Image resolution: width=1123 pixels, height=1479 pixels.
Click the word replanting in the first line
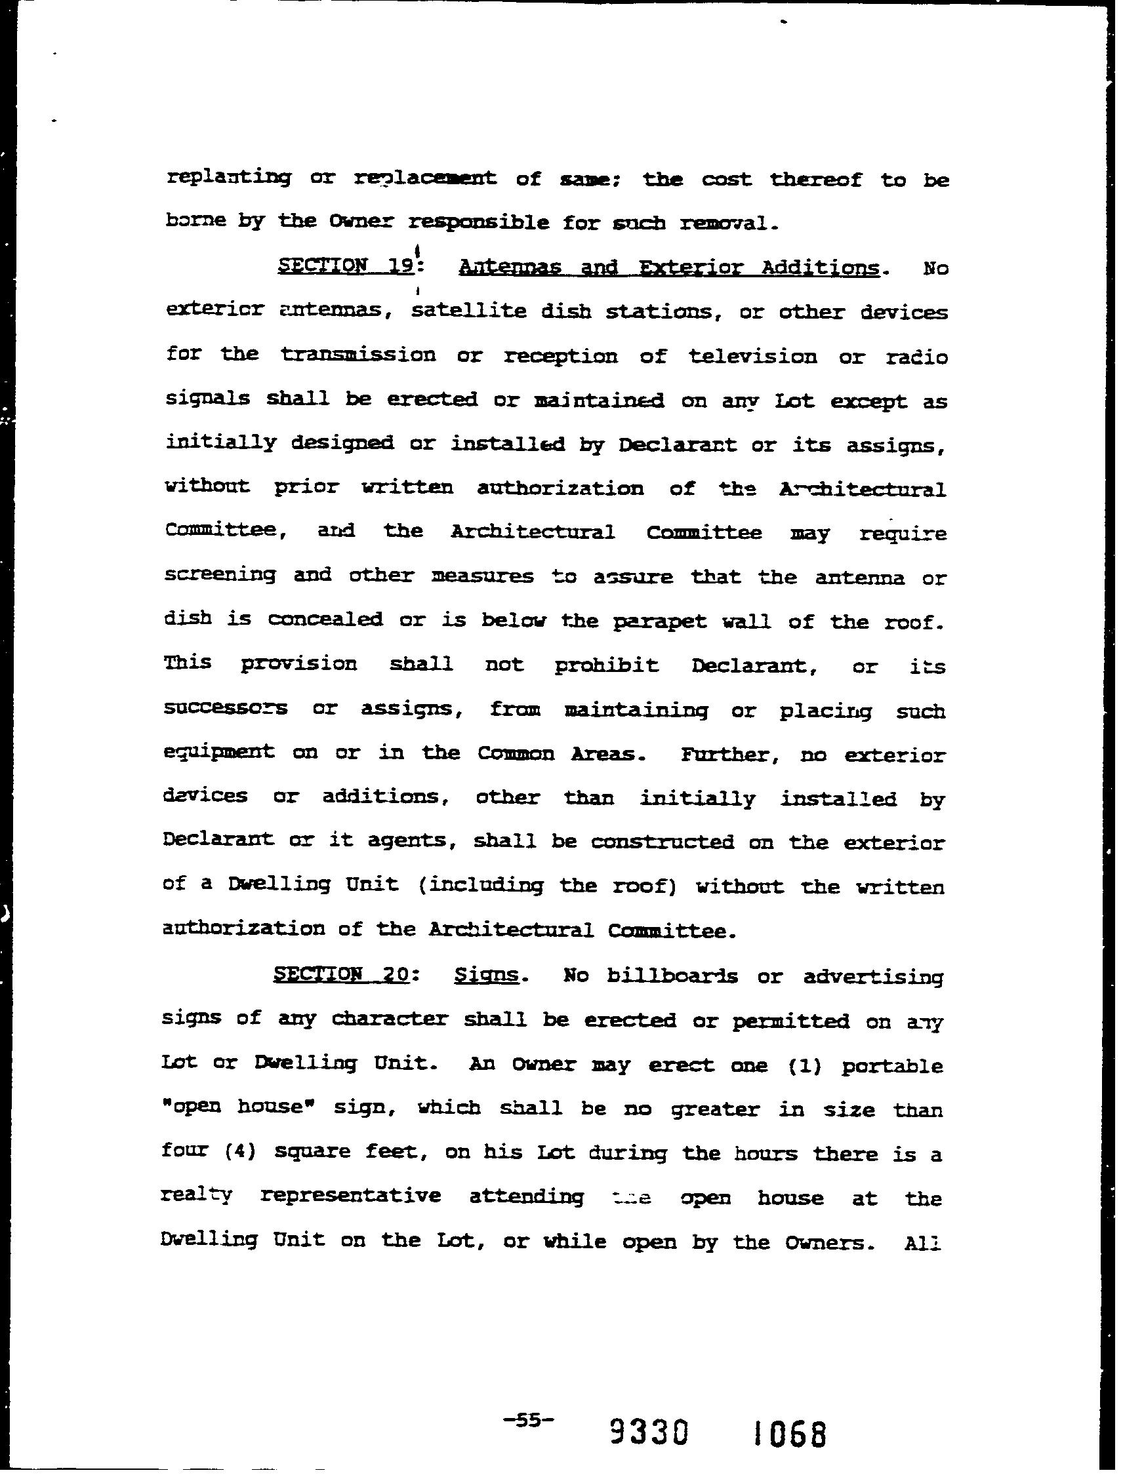(x=228, y=178)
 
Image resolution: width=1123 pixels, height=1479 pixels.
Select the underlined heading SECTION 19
(x=345, y=267)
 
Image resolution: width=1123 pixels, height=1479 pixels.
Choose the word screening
(x=220, y=575)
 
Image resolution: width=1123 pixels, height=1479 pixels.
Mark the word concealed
(x=325, y=619)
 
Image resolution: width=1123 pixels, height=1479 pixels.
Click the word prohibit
(x=606, y=665)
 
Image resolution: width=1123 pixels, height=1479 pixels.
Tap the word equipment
(x=218, y=752)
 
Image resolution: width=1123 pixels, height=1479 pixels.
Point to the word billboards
(x=672, y=976)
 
